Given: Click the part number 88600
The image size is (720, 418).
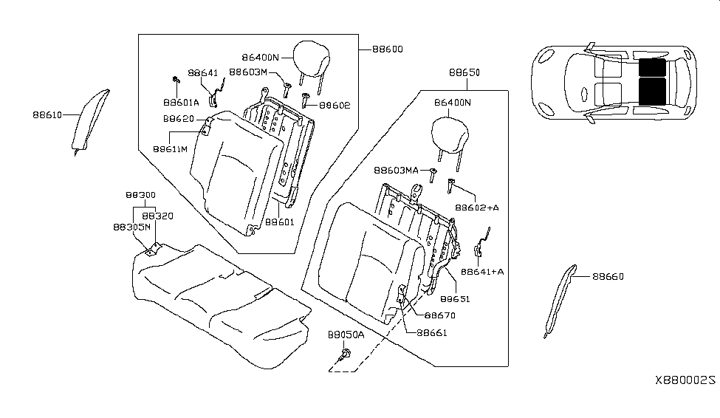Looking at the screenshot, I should tap(388, 49).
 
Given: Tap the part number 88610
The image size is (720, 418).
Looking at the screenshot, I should tap(47, 114).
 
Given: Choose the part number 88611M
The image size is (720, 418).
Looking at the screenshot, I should tap(171, 148).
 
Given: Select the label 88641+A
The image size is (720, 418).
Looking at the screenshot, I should tap(483, 272).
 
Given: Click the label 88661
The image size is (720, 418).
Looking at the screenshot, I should tap(432, 333).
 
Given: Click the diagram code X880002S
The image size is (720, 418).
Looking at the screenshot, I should tap(685, 380).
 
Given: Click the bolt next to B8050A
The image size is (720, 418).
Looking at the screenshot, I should tap(345, 357).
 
